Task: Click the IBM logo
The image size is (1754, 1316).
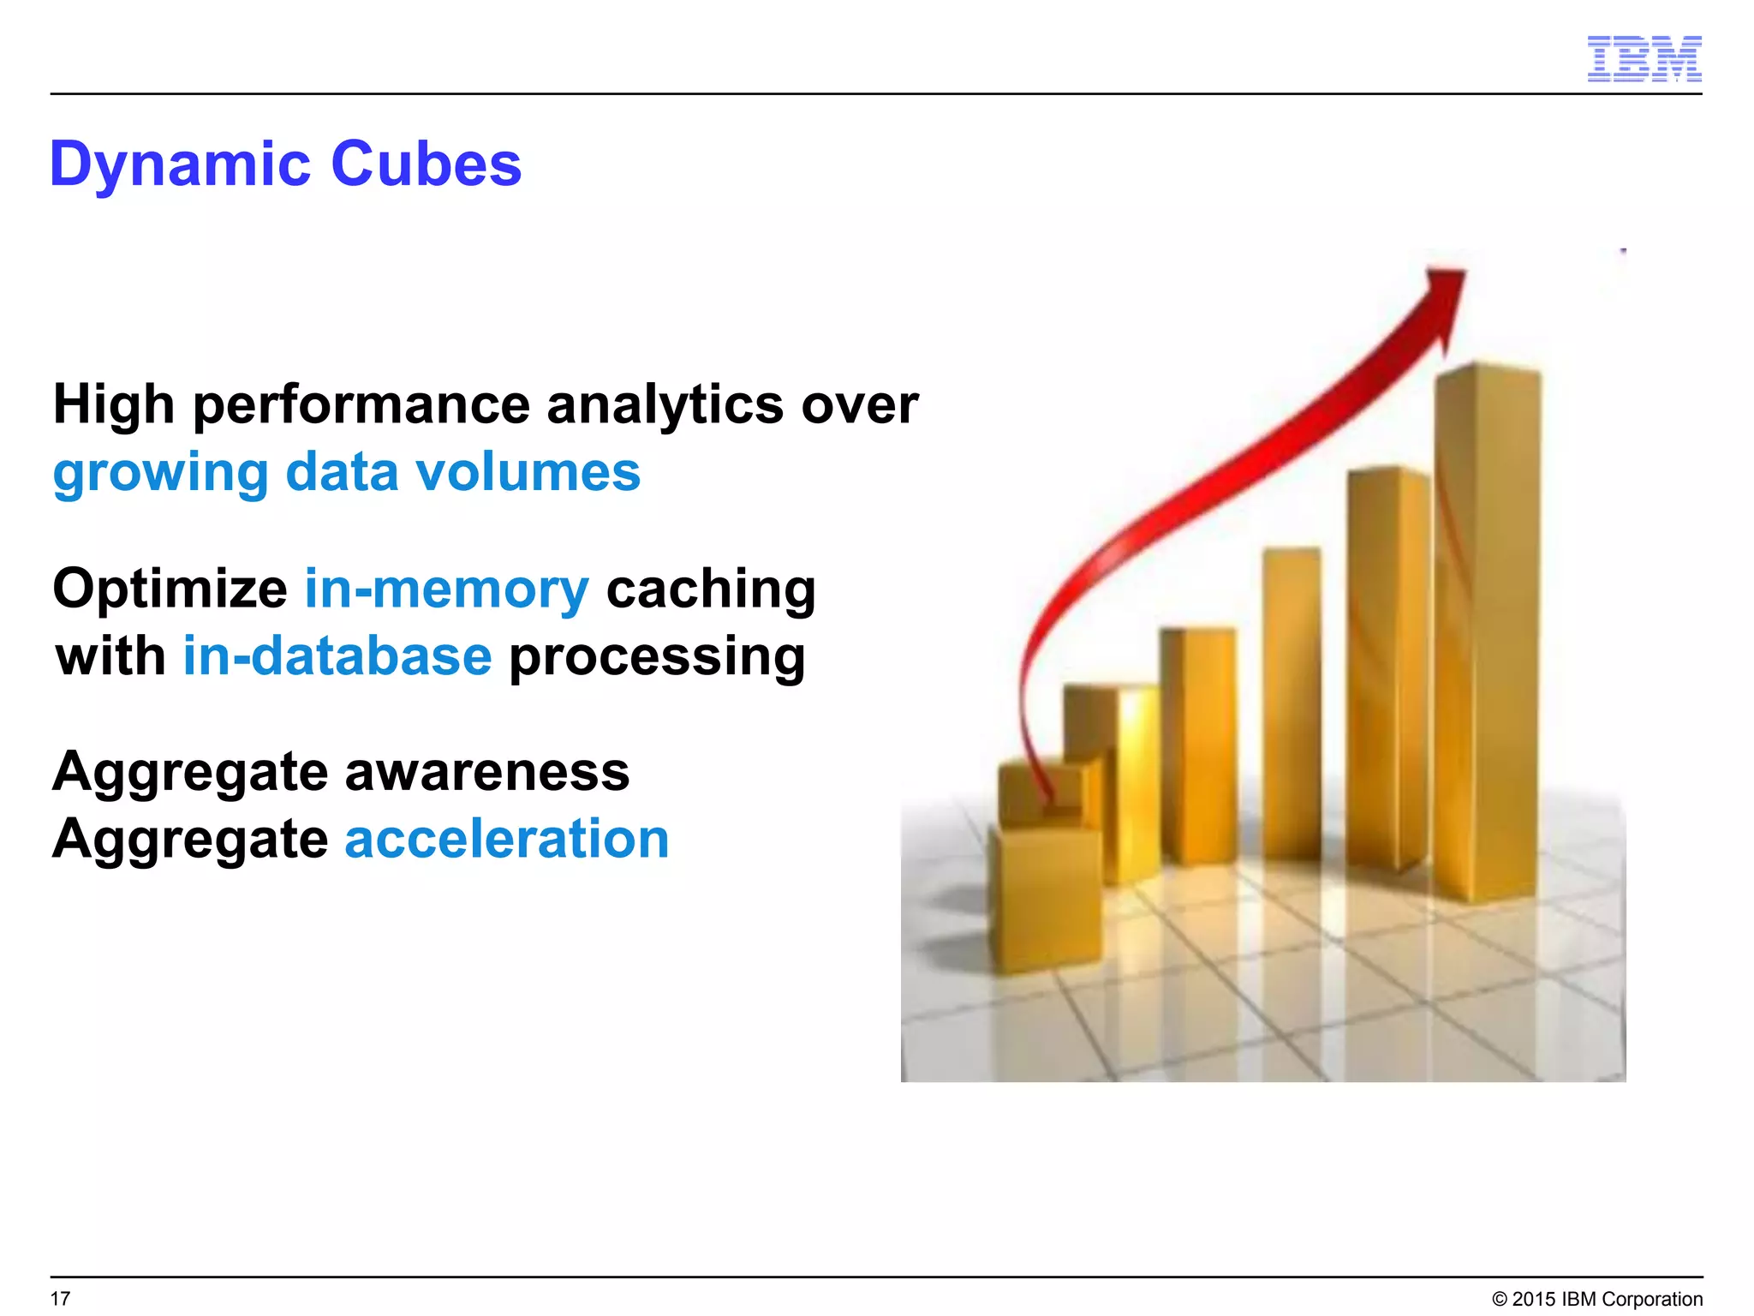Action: (1644, 59)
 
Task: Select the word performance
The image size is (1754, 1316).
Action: (361, 405)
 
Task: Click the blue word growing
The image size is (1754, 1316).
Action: (160, 474)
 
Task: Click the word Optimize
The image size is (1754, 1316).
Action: (170, 589)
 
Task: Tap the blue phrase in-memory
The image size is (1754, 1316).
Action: (446, 589)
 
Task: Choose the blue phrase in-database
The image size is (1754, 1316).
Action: (337, 656)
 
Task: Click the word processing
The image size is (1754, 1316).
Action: (657, 658)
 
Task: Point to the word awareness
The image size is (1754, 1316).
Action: (486, 771)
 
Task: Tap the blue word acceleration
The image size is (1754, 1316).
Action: (506, 839)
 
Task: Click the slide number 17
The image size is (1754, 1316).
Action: (60, 1298)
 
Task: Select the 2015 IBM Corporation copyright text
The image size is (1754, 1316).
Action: (1596, 1299)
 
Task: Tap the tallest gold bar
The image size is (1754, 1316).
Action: (1488, 634)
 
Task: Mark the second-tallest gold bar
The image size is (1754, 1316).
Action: (1387, 668)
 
